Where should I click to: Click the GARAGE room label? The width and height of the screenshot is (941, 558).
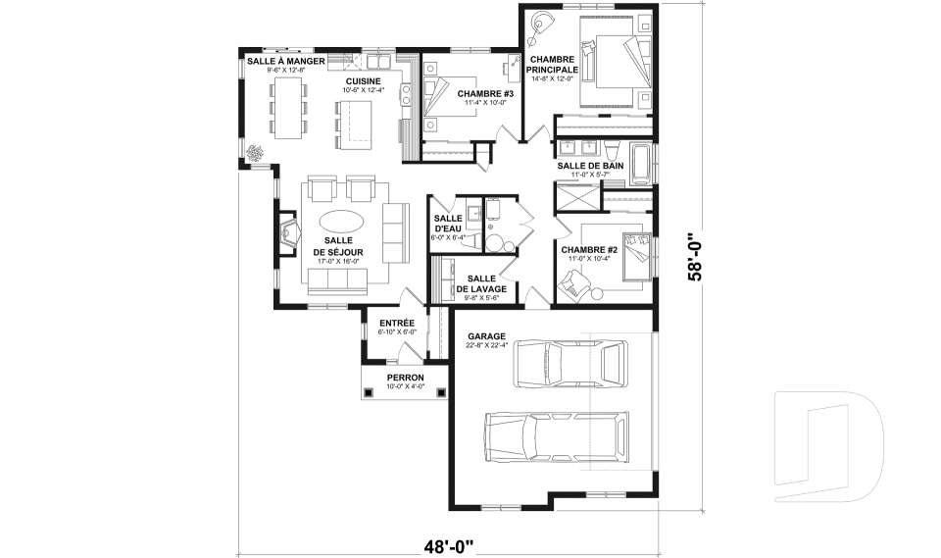pyautogui.click(x=486, y=336)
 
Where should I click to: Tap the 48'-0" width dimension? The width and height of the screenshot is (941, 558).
pyautogui.click(x=449, y=546)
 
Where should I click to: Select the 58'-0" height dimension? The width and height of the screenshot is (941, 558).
pyautogui.click(x=694, y=257)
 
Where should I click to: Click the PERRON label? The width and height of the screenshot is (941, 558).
pyautogui.click(x=405, y=378)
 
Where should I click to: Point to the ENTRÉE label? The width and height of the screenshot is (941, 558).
pyautogui.click(x=397, y=324)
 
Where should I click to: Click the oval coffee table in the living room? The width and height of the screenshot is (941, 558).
pyautogui.click(x=341, y=221)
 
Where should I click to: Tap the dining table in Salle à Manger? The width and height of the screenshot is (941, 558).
pyautogui.click(x=288, y=108)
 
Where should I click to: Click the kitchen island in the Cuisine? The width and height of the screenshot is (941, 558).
pyautogui.click(x=354, y=125)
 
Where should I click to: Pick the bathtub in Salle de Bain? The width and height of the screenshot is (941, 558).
pyautogui.click(x=639, y=164)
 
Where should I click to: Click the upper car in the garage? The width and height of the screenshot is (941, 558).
pyautogui.click(x=570, y=364)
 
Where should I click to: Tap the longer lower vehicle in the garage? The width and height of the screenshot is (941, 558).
pyautogui.click(x=557, y=436)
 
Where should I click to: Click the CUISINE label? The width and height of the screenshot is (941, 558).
pyautogui.click(x=363, y=81)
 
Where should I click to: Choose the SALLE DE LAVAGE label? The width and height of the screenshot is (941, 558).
pyautogui.click(x=481, y=283)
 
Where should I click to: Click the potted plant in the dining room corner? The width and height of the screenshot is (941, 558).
pyautogui.click(x=256, y=153)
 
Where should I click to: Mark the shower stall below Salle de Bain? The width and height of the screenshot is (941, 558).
pyautogui.click(x=577, y=198)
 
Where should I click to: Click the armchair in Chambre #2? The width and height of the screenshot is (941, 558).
pyautogui.click(x=572, y=283)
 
